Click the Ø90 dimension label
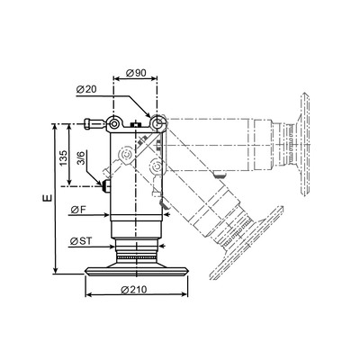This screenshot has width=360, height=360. point(136,73)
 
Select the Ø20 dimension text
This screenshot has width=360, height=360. point(86,89)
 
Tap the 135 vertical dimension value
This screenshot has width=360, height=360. point(63,158)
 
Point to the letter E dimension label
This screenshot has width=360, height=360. point(48,198)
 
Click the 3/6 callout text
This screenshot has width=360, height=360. point(81,158)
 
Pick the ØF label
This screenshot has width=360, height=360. point(78,210)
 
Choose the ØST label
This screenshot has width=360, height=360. point(81,241)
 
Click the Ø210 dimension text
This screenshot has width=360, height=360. point(134,290)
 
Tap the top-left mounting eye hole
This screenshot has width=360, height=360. point(113,123)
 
